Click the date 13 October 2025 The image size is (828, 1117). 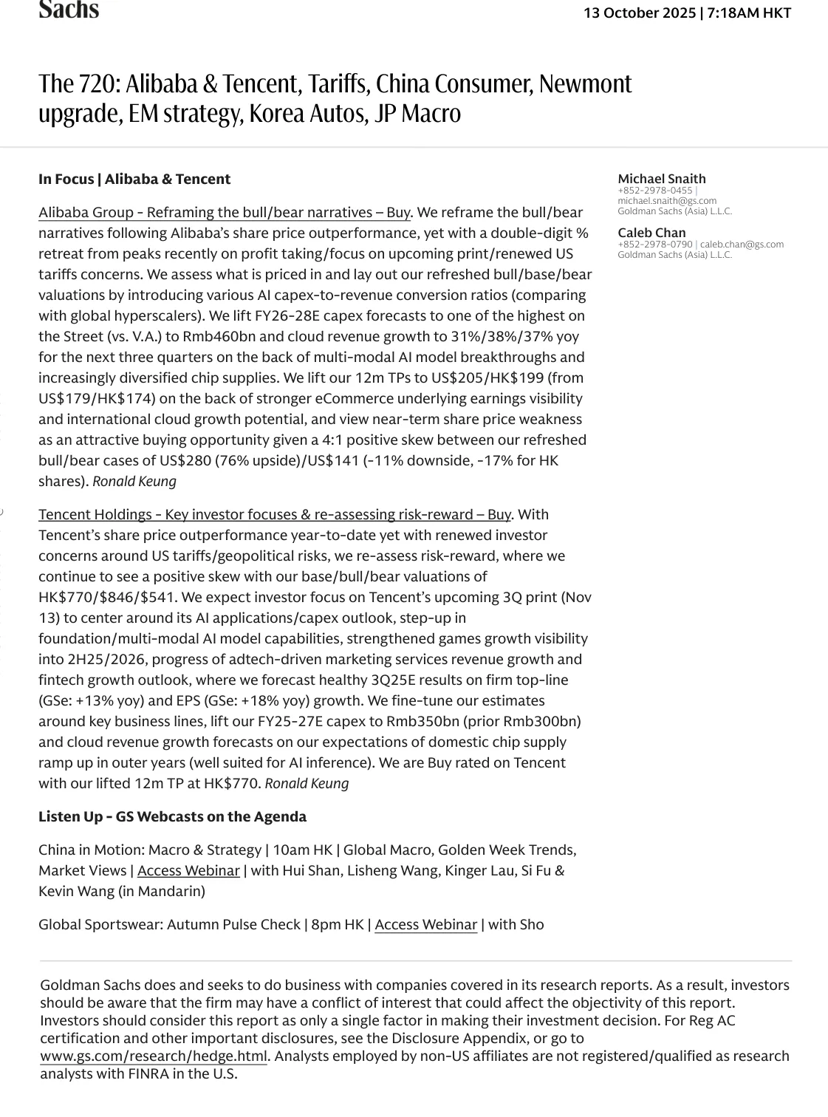pos(640,13)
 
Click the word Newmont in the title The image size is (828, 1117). pos(585,84)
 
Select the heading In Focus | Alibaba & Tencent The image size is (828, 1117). pos(134,179)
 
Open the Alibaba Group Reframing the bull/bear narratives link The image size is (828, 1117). pos(225,213)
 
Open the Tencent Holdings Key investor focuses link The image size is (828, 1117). pos(275,514)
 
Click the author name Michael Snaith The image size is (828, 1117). pos(662,179)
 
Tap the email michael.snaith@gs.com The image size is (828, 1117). pos(667,201)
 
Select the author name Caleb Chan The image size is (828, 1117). pos(651,233)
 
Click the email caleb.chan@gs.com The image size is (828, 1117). pos(742,245)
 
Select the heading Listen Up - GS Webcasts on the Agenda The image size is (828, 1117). pos(172,816)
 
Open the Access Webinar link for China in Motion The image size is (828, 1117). pos(188,871)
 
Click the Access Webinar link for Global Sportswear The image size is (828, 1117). pos(425,925)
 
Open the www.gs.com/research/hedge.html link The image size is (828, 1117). pos(154,1056)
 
